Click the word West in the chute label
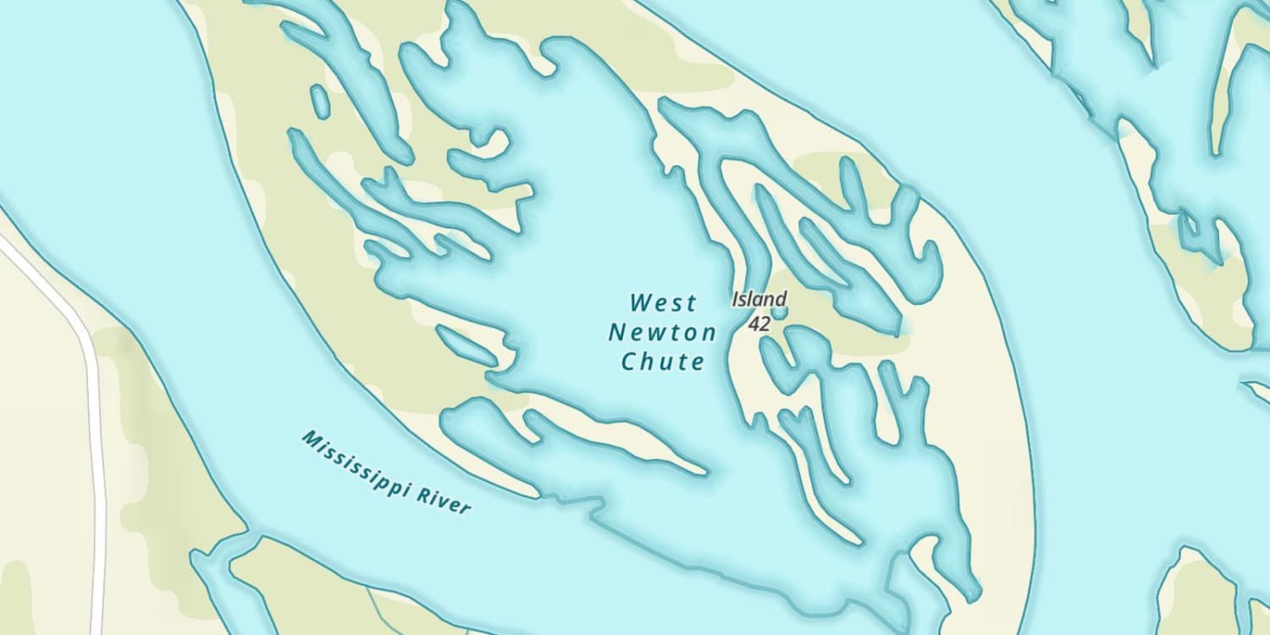(664, 302)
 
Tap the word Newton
(662, 332)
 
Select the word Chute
(663, 362)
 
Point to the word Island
(759, 299)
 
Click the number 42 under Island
(759, 323)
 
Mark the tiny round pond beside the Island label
(779, 312)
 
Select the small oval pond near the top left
(320, 101)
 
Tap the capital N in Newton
(617, 332)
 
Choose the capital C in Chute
(630, 362)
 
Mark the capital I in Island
(737, 299)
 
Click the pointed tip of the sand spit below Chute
(706, 471)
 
